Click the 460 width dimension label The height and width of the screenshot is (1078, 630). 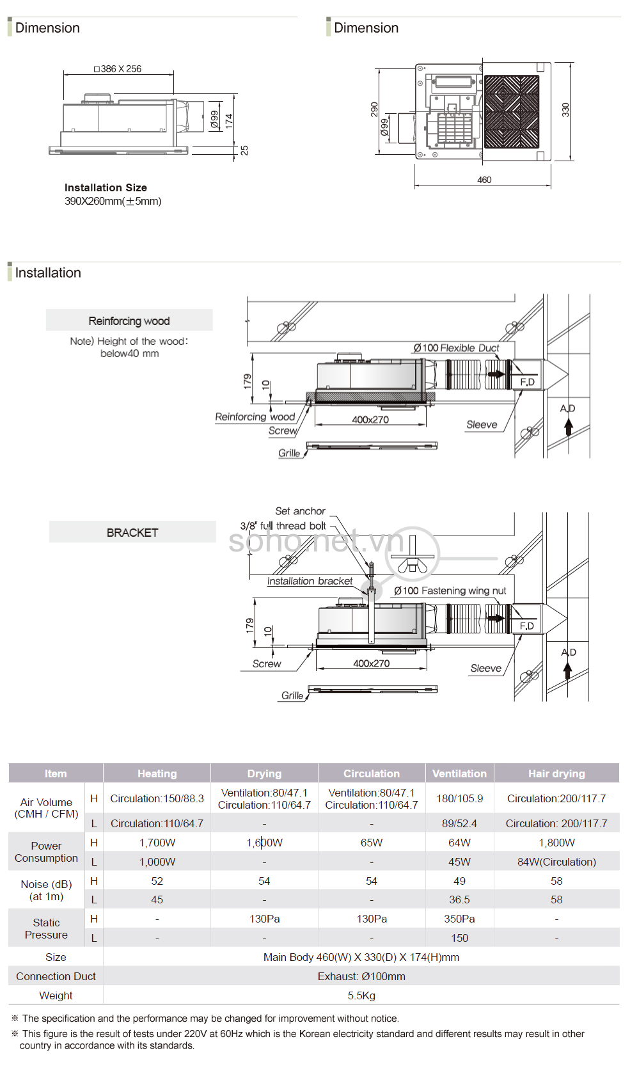(x=484, y=180)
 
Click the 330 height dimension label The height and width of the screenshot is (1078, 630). (x=565, y=109)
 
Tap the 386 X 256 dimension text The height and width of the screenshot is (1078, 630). (x=118, y=69)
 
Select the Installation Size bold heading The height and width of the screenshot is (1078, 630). (x=106, y=187)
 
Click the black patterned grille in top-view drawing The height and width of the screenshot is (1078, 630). (x=512, y=112)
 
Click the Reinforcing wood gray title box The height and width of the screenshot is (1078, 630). (x=129, y=321)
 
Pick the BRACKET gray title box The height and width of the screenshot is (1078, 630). (x=132, y=532)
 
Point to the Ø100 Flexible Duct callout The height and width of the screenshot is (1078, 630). (x=457, y=348)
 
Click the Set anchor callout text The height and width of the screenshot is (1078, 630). (x=300, y=511)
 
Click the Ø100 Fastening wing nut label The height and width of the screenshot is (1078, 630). (x=450, y=591)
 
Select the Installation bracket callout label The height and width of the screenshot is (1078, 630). (x=310, y=581)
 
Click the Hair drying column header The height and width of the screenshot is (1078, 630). (x=556, y=773)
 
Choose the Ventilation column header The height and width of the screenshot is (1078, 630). (x=459, y=773)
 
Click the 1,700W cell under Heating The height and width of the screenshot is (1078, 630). (x=157, y=843)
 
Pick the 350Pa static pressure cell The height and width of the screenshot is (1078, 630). (x=459, y=919)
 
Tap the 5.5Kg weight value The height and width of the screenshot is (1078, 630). (x=361, y=995)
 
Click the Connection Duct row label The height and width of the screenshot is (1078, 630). (x=56, y=976)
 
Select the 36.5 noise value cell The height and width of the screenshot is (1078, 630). (x=459, y=900)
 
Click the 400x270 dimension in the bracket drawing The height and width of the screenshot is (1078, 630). (x=371, y=663)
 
